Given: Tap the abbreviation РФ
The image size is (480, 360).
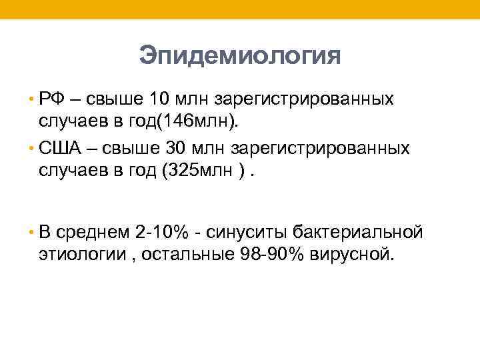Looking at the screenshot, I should (52, 99).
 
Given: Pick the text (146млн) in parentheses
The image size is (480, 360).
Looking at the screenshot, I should (211, 123).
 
